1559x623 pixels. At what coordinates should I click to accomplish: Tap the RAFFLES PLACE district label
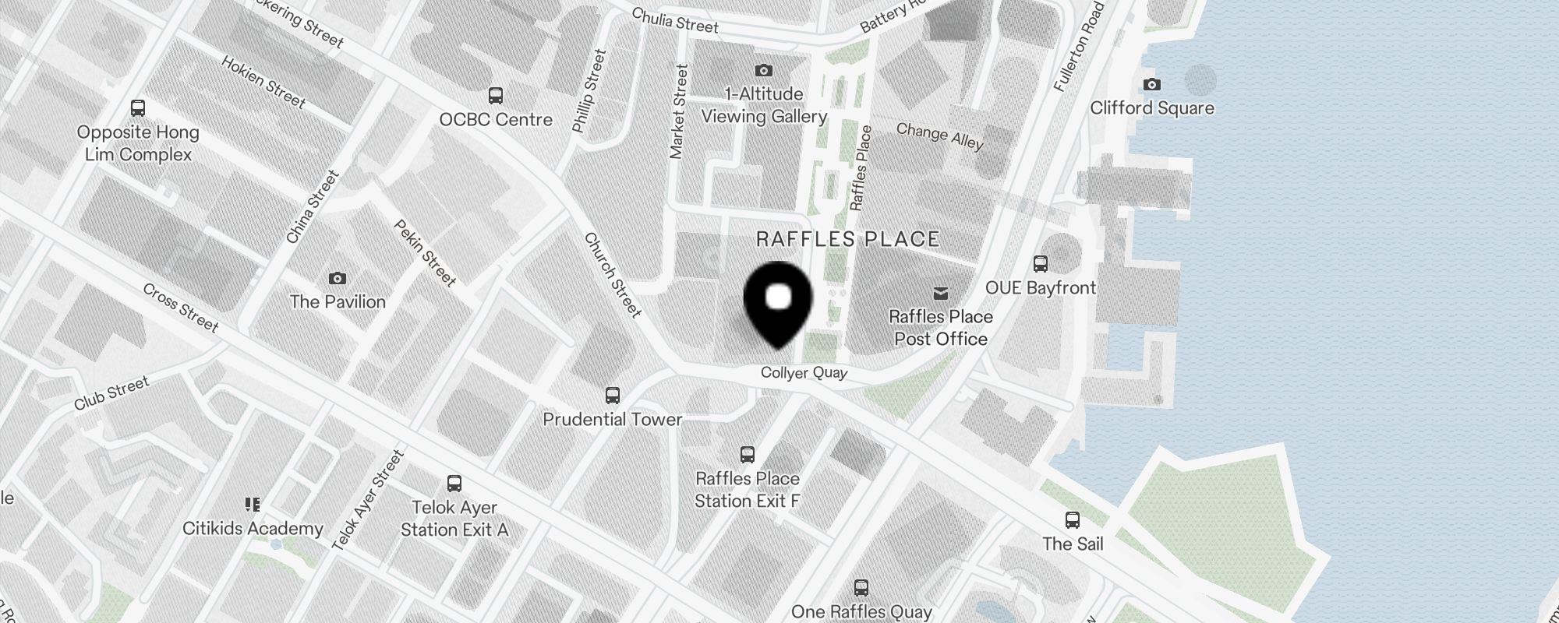click(x=848, y=239)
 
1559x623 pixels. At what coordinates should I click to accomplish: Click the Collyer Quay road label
click(x=804, y=373)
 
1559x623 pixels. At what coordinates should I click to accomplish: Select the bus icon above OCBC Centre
click(x=495, y=96)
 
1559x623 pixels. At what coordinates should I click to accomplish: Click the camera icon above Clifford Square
click(x=1151, y=84)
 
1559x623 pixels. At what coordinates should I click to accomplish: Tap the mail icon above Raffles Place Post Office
click(x=941, y=293)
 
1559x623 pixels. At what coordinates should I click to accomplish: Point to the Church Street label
click(x=613, y=275)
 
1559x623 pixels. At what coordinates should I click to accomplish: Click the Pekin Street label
click(x=425, y=252)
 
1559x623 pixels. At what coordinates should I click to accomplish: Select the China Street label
click(x=312, y=206)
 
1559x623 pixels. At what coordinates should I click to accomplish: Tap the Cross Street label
click(x=181, y=307)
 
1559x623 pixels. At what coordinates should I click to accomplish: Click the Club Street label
click(x=111, y=393)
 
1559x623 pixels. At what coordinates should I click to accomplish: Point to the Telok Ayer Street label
click(x=368, y=500)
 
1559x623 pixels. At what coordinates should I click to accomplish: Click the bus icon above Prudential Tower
click(x=613, y=396)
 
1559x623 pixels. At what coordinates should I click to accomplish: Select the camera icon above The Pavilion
click(x=338, y=278)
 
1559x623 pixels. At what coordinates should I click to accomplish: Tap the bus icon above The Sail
click(x=1073, y=520)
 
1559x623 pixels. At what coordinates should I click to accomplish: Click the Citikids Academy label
click(x=253, y=529)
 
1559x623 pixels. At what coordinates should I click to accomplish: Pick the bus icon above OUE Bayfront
click(x=1040, y=264)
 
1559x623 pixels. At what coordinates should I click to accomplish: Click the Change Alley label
click(x=939, y=136)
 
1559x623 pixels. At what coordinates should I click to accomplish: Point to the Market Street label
click(x=678, y=111)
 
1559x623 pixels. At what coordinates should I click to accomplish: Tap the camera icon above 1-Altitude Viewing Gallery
click(x=764, y=71)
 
